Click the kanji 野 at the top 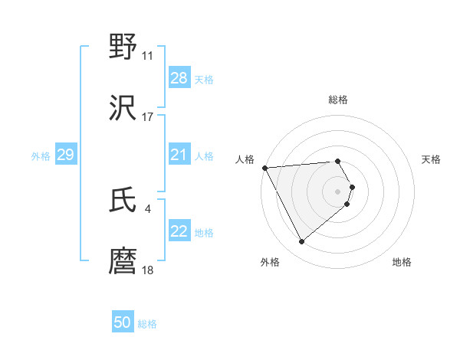[123, 47]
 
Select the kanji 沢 [123, 108]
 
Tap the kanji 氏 [123, 201]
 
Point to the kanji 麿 [123, 261]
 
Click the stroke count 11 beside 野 [147, 56]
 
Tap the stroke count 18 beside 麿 [147, 270]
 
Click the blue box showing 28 [179, 78]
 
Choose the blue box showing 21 [179, 155]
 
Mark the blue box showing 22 [179, 231]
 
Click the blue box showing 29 [65, 155]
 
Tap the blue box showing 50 [122, 322]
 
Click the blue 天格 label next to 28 [204, 79]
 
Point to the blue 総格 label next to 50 [147, 324]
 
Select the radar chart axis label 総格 [338, 100]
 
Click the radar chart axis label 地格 [402, 262]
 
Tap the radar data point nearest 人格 [264, 168]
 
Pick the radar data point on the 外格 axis [301, 242]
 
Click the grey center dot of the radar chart [338, 191]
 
